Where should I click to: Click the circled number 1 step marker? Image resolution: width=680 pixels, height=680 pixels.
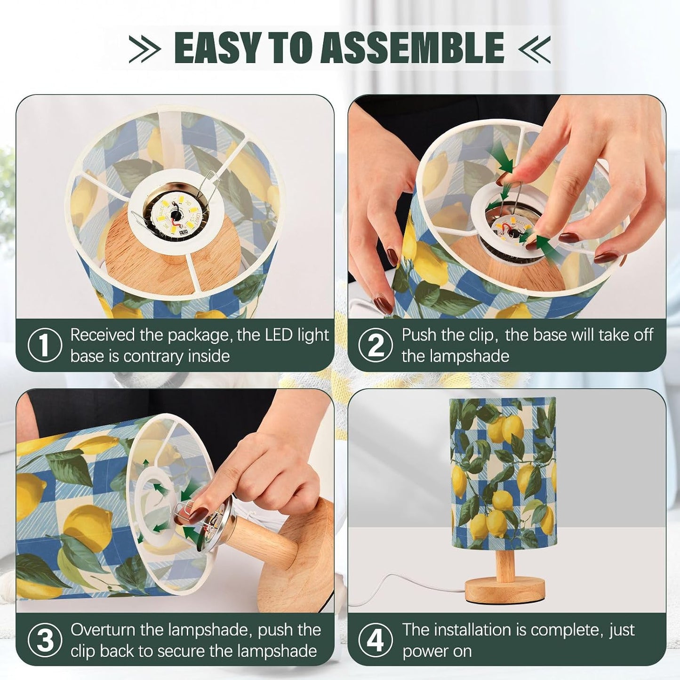[44, 345]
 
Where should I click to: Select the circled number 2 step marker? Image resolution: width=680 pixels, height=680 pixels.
[376, 345]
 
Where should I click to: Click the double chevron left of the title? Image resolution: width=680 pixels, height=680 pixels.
[144, 48]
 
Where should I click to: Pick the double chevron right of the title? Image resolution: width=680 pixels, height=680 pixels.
[534, 48]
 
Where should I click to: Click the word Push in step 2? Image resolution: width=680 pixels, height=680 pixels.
[420, 335]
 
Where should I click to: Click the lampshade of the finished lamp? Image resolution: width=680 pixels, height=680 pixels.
[503, 473]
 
